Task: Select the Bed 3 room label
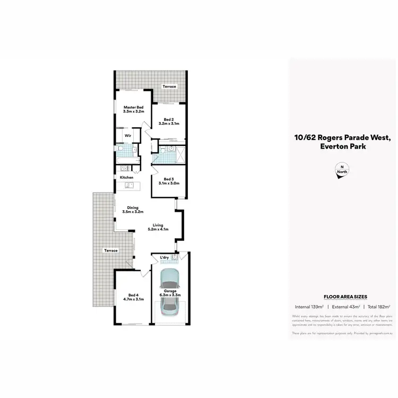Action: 168,179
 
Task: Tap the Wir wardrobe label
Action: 127,136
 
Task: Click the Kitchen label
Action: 126,177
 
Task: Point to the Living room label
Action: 158,225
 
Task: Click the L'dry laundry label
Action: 165,258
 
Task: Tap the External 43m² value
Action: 345,307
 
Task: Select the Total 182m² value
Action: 379,307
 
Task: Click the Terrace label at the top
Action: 169,86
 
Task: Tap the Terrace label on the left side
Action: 110,250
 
